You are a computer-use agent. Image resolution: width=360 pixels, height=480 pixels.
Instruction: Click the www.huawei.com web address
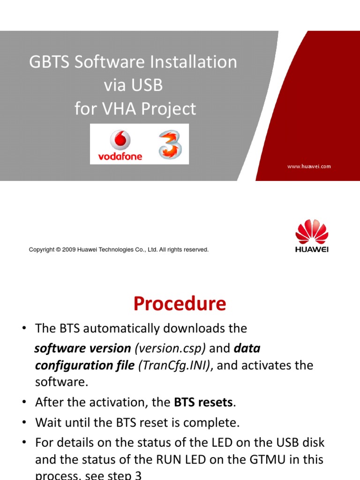pyautogui.click(x=309, y=166)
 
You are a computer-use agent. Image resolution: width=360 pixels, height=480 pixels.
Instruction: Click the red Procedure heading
pyautogui.click(x=180, y=304)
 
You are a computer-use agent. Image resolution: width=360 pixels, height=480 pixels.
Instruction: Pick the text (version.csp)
pyautogui.click(x=170, y=349)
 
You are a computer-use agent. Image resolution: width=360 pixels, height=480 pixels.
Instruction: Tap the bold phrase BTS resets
pyautogui.click(x=203, y=402)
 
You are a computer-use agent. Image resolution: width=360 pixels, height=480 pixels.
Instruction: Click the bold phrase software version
pyautogui.click(x=83, y=349)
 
